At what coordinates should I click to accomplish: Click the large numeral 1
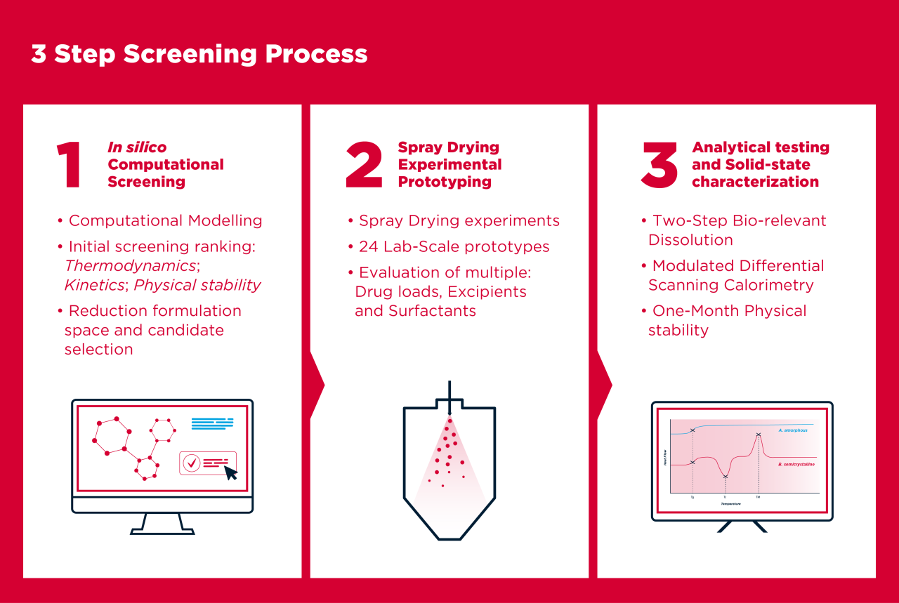tap(70, 166)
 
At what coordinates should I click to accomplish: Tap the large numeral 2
tap(365, 166)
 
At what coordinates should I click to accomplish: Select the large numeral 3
tap(660, 166)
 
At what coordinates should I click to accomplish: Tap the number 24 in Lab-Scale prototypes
tap(369, 246)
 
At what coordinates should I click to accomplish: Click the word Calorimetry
tap(774, 285)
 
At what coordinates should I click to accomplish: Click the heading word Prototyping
tap(445, 182)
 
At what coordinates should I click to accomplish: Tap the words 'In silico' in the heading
tap(137, 147)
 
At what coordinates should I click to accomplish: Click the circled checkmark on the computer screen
tap(191, 463)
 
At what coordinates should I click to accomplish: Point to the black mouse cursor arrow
tap(230, 472)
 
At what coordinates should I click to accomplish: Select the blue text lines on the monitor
tap(212, 423)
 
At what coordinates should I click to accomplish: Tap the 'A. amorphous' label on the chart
tap(793, 430)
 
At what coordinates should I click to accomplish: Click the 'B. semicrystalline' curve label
tap(796, 465)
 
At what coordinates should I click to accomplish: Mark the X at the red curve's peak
tap(759, 435)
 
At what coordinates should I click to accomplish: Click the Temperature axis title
tap(730, 504)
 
